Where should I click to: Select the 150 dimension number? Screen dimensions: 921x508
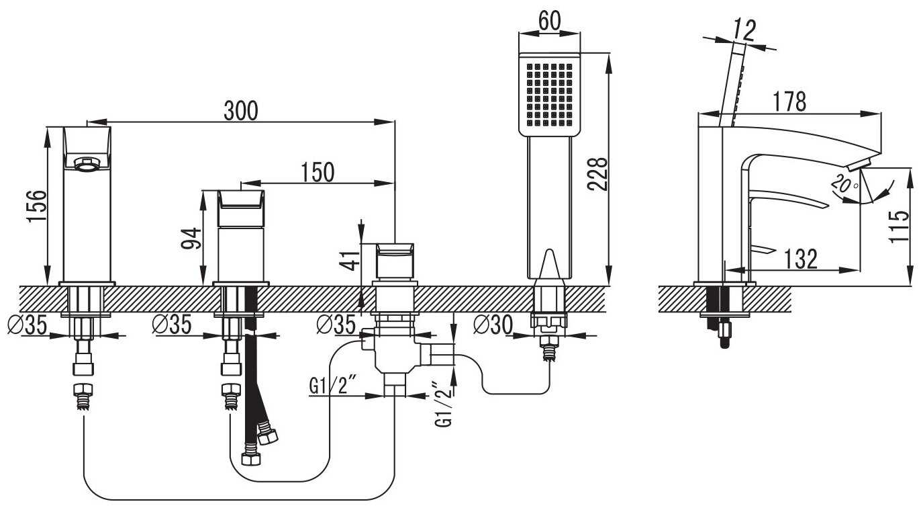tap(318, 172)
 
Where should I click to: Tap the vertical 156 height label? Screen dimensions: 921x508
tap(37, 206)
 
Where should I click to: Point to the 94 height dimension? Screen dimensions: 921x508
tap(191, 239)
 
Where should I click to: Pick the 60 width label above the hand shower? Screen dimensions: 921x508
tap(549, 21)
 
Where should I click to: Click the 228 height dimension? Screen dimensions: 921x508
tap(597, 174)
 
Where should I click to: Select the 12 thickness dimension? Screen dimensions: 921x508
tap(744, 30)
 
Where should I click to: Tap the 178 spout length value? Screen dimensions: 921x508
tap(789, 101)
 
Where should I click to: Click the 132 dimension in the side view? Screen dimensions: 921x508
tap(801, 259)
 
